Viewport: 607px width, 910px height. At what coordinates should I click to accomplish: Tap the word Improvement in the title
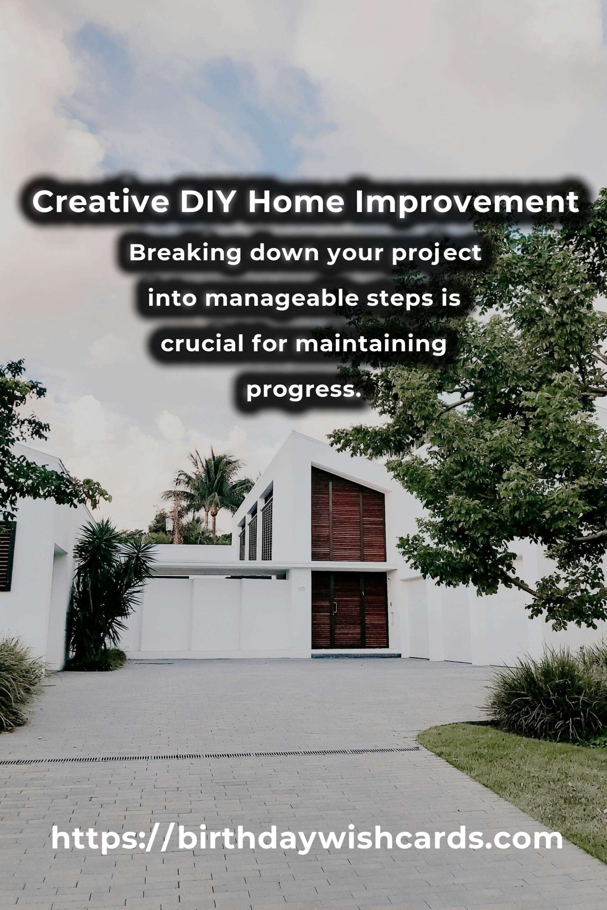[x=467, y=202]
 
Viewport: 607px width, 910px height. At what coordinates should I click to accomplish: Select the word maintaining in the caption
[x=371, y=344]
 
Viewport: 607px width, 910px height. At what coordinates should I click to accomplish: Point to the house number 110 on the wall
[x=302, y=589]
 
